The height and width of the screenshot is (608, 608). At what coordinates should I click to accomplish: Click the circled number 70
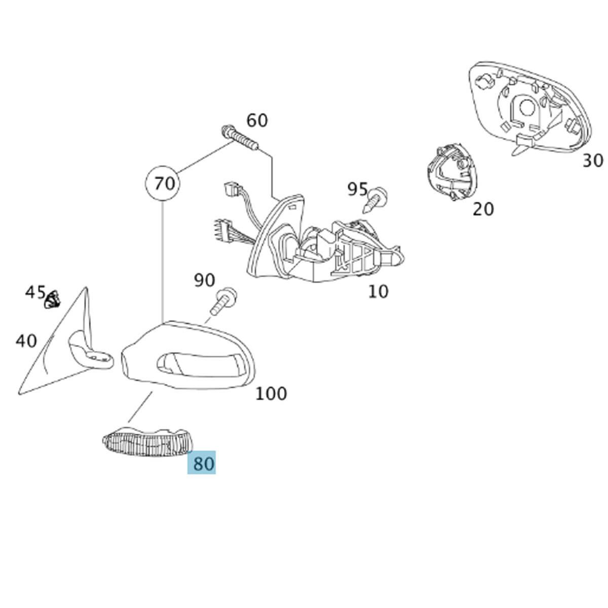point(164,183)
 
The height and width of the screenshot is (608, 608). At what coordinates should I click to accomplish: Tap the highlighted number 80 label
point(202,463)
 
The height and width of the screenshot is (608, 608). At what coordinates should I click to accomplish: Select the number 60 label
point(257,121)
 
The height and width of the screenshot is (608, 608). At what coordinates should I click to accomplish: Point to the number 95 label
point(357,189)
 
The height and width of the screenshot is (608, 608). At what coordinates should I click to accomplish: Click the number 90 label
point(204,280)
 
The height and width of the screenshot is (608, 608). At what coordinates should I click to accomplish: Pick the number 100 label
point(271,394)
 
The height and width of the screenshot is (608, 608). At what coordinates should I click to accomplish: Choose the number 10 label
point(378,291)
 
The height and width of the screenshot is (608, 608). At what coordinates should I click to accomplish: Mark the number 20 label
point(483,209)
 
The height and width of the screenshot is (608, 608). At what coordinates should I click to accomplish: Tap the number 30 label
point(592,161)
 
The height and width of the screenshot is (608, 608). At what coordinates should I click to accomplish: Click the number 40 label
point(26,341)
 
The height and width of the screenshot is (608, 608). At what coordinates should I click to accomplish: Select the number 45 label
point(35,292)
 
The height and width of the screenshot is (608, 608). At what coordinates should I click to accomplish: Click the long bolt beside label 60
point(240,138)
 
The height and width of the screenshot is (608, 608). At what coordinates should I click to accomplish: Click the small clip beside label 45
point(52,300)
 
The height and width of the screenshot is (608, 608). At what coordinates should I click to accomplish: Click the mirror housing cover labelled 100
point(187,357)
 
